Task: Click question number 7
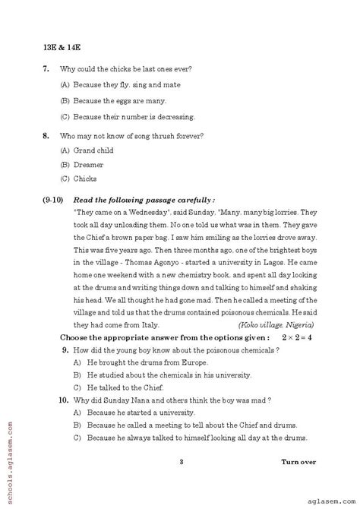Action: click(x=46, y=68)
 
